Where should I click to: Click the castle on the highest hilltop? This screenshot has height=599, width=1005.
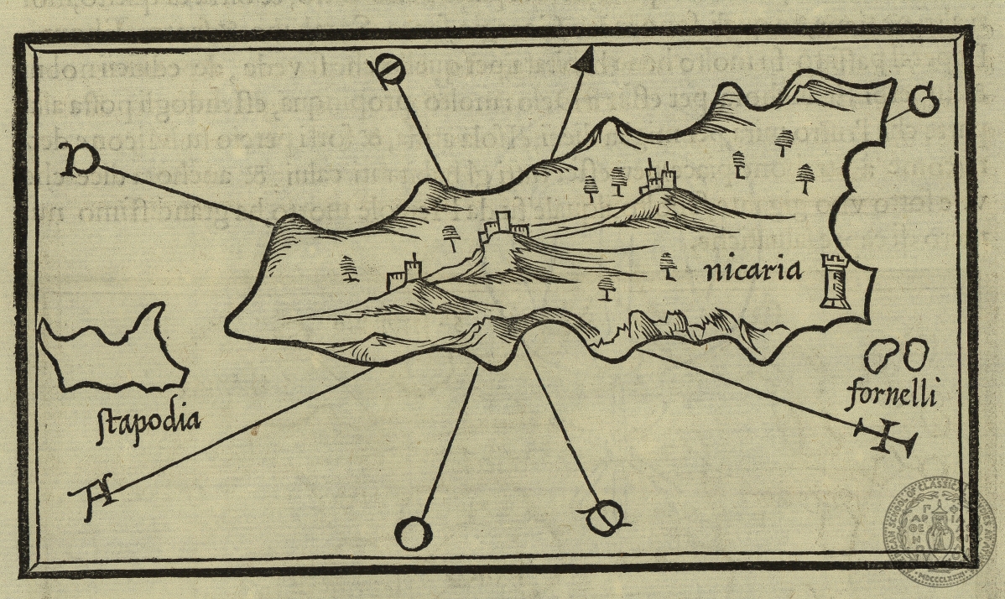pyautogui.click(x=659, y=178)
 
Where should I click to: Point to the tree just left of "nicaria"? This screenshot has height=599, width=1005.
pyautogui.click(x=669, y=264)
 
